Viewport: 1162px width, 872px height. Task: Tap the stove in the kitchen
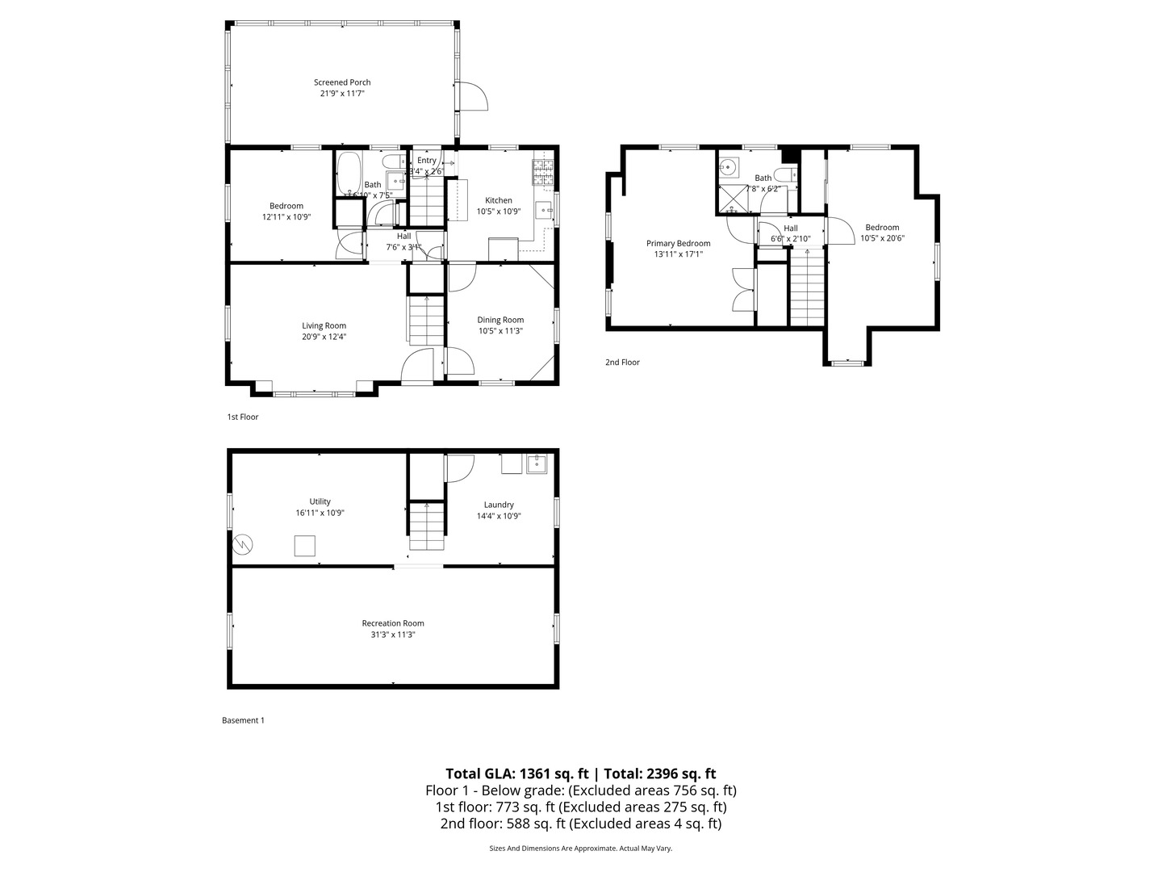542,170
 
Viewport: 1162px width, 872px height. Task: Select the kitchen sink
544,210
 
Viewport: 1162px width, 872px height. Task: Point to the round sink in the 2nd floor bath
729,168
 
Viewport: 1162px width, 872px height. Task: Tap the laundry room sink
537,464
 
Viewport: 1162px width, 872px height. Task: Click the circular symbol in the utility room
243,544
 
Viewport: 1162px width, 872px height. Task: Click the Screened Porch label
342,82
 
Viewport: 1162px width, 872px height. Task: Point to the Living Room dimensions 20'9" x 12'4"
324,337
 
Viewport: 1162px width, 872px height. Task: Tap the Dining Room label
500,320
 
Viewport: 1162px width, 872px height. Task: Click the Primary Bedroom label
678,243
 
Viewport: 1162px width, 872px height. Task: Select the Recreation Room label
392,623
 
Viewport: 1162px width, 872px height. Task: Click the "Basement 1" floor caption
243,720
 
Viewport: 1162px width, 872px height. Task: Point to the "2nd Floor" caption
622,363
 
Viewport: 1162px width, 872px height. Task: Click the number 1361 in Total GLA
536,773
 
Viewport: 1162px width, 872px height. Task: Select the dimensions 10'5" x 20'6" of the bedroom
881,238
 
